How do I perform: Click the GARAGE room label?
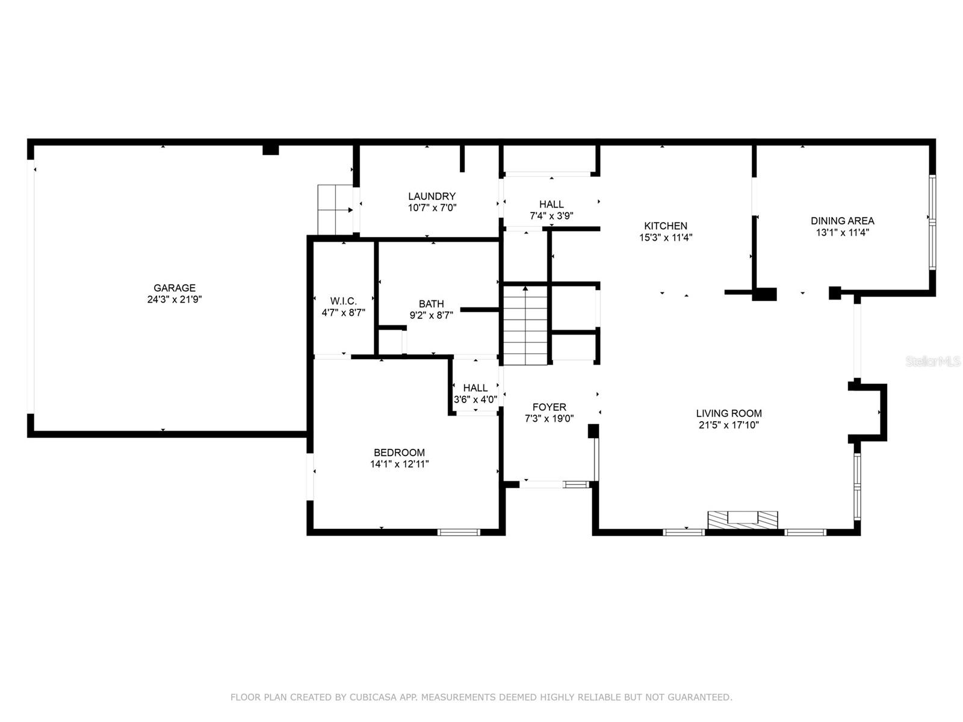tap(174, 288)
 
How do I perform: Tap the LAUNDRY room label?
tap(432, 196)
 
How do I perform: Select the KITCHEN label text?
tap(666, 226)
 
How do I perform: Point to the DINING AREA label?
tap(843, 221)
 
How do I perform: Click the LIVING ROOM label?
tap(729, 413)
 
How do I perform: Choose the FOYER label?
tap(550, 407)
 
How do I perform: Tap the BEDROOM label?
tap(399, 452)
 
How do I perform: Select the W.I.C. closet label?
tap(344, 301)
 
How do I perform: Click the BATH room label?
tap(432, 304)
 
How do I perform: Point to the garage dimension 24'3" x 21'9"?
tap(175, 300)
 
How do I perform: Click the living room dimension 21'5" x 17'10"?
tap(729, 425)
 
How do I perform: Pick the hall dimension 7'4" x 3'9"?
tap(551, 216)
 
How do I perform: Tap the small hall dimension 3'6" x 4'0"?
tap(475, 400)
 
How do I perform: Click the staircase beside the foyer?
tap(525, 326)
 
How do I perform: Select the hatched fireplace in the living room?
tap(742, 520)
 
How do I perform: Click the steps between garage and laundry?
tap(336, 210)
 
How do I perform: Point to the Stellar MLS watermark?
tap(933, 362)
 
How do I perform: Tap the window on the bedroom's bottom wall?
tap(459, 532)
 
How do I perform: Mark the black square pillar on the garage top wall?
tap(271, 150)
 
